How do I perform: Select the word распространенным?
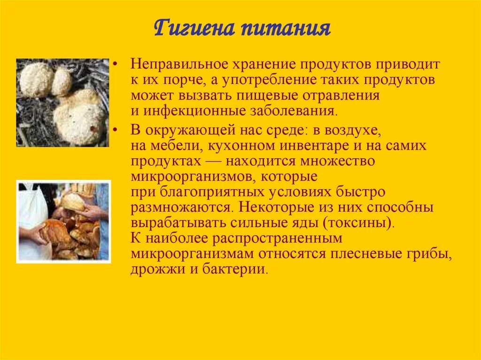point(277,238)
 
